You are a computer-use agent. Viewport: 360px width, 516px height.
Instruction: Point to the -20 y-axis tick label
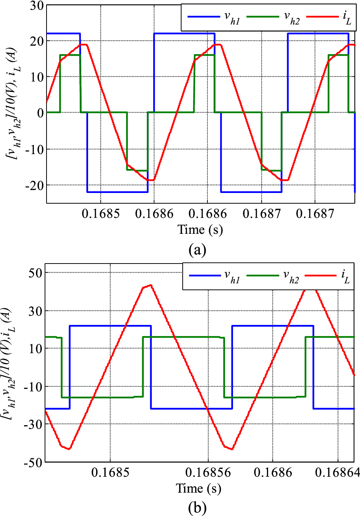(34, 185)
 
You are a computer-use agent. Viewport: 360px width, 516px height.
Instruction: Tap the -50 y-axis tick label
(34, 462)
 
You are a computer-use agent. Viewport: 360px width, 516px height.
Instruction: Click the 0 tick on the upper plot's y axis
(40, 113)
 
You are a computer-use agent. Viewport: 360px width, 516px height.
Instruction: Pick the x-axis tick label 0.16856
(208, 473)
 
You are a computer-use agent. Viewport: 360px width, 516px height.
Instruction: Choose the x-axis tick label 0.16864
(337, 473)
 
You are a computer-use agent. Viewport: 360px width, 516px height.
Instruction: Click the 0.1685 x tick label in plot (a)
(101, 214)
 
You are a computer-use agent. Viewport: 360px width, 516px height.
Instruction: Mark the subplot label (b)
(198, 508)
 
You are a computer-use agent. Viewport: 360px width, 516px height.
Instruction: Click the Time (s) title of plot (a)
(200, 230)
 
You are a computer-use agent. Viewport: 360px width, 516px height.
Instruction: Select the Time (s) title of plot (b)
(198, 489)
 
